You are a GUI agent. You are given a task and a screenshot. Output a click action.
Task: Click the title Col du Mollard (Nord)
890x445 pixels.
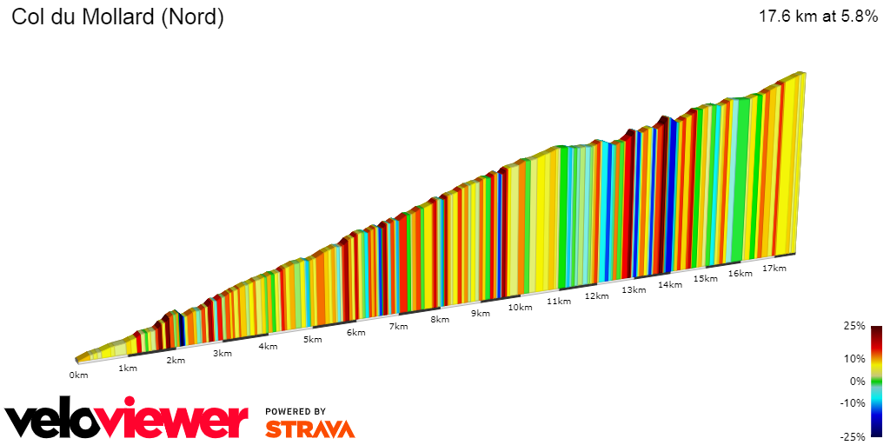[117, 18]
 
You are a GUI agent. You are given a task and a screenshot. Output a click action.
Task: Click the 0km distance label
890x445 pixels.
[79, 375]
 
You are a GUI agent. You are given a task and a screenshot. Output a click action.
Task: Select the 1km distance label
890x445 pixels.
[128, 368]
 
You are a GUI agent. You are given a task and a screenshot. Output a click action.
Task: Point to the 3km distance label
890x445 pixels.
[222, 353]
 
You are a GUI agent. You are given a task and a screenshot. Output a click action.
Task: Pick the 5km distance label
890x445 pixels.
[313, 339]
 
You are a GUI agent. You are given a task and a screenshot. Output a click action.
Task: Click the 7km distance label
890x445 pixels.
[398, 326]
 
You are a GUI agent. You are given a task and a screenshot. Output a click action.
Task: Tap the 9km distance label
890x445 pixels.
[481, 313]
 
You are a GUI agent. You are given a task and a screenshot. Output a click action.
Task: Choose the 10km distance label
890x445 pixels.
[520, 307]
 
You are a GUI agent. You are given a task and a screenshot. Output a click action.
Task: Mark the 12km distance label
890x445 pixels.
[596, 296]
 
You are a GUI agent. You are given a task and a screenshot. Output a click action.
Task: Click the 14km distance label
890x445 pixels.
[669, 284]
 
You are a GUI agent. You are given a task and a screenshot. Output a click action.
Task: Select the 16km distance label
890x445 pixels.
[740, 273]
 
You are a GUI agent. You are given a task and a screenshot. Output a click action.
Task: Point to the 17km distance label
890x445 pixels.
[774, 268]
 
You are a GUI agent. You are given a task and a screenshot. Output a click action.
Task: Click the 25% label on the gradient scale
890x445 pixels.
[855, 326]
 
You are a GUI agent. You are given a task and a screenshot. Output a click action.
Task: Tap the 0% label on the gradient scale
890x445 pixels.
[859, 381]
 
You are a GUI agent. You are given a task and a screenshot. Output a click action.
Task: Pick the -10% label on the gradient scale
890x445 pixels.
[853, 402]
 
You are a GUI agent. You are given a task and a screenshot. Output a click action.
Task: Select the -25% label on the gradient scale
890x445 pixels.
[853, 436]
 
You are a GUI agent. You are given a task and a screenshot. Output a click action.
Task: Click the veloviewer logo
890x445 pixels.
[127, 420]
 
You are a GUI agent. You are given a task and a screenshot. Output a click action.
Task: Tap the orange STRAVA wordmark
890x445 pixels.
[309, 428]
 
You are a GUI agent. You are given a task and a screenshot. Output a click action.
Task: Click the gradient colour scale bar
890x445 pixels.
[876, 381]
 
